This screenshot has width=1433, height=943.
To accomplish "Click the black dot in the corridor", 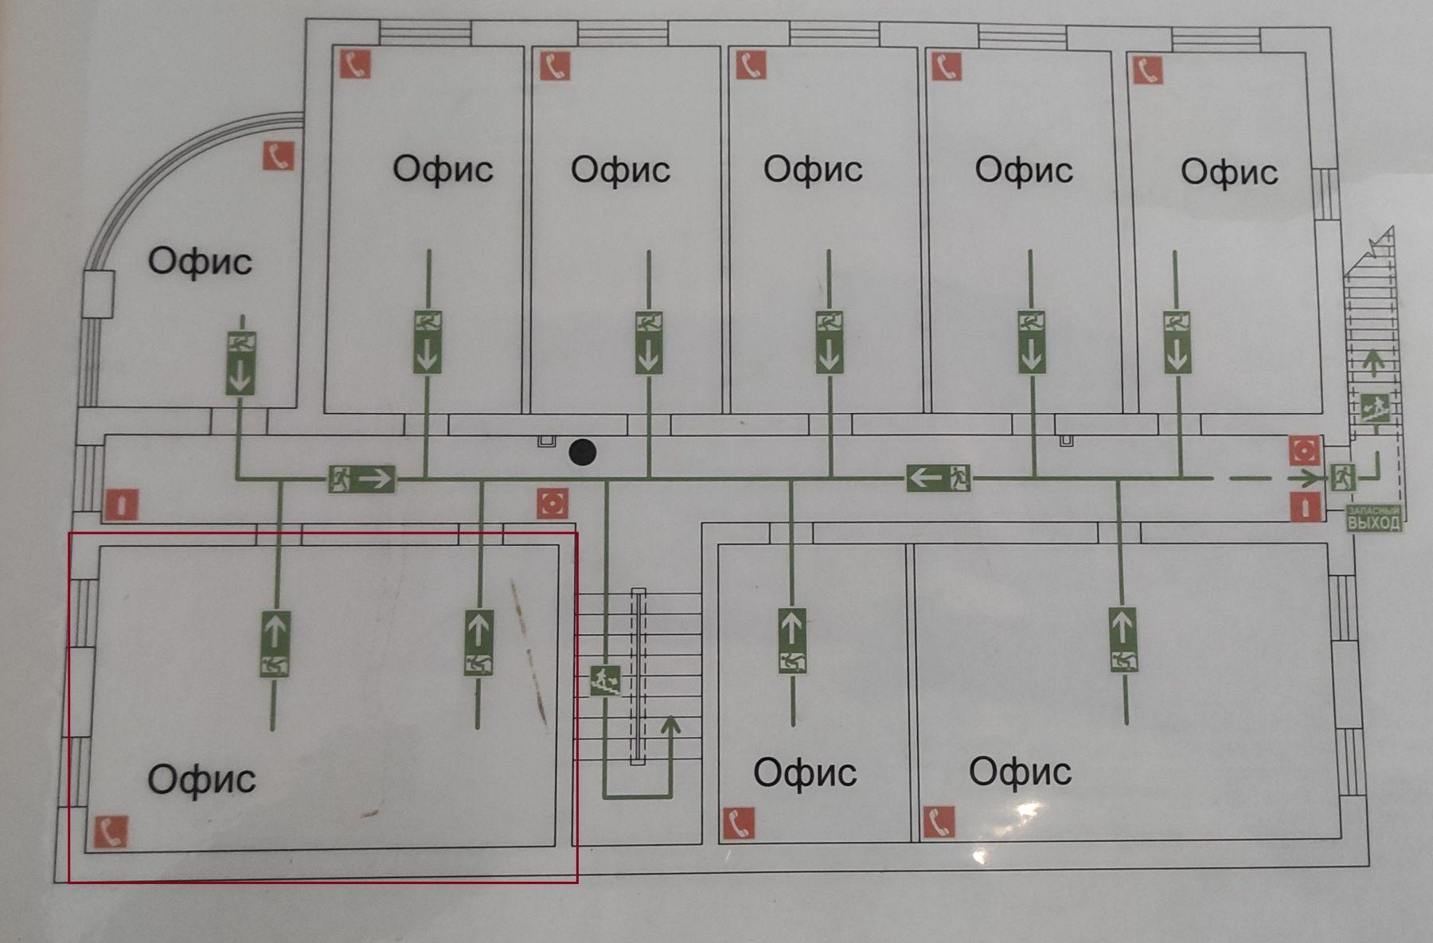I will click(583, 452).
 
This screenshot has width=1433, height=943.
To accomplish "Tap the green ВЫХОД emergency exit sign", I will click(1373, 519).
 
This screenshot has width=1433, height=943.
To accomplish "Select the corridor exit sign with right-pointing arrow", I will click(362, 478).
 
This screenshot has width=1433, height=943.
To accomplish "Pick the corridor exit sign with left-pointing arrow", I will click(939, 477).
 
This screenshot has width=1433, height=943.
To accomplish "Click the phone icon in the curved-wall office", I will click(279, 156).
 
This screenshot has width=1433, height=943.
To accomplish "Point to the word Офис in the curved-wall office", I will click(200, 261).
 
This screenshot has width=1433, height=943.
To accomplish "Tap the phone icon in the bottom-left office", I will click(111, 832).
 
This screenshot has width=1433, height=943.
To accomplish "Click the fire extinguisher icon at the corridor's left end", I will click(121, 505).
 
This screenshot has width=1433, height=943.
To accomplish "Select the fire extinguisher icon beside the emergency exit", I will click(1306, 506).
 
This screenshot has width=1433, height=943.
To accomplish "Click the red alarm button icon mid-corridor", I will click(553, 503).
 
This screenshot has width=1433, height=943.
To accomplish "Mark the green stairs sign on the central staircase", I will click(604, 680).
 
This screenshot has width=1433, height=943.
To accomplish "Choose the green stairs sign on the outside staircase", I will click(1374, 407).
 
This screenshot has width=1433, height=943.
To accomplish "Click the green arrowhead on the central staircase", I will click(670, 724).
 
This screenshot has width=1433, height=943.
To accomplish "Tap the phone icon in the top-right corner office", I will click(1147, 70).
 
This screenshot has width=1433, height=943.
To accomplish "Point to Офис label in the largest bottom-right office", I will click(1020, 771).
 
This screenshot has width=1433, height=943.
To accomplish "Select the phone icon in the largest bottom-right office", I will click(939, 822).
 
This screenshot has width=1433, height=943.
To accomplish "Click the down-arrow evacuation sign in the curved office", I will click(240, 364).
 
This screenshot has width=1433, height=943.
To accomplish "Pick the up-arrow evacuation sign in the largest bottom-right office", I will click(1123, 639).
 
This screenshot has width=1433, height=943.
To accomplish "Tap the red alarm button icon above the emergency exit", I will click(1304, 450).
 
